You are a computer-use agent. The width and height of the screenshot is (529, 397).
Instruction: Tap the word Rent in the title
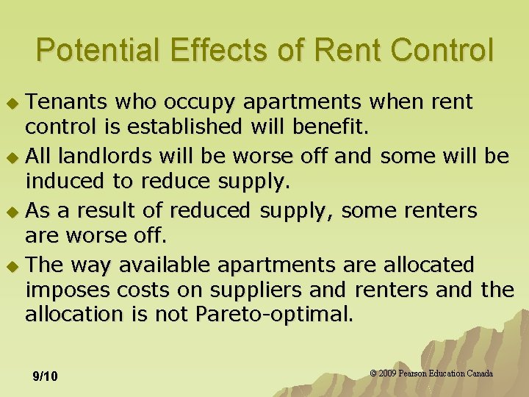tap(340, 50)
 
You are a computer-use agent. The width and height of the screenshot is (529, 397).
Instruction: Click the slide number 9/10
tap(46, 376)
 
